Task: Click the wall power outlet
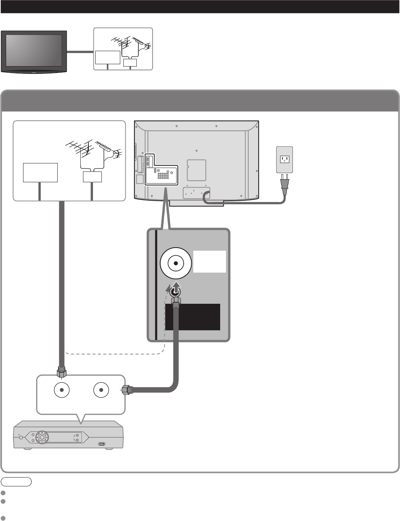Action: [x=284, y=160]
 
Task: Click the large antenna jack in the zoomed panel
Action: [x=176, y=263]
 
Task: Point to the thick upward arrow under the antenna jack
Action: [x=175, y=288]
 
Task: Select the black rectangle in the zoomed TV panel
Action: [x=193, y=317]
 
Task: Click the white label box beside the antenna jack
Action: [x=209, y=262]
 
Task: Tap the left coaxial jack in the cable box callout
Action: [x=62, y=390]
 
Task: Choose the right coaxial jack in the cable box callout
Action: [x=101, y=390]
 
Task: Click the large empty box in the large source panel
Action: [x=40, y=172]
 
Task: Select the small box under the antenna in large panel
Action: [x=93, y=177]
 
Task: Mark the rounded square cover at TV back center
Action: [x=196, y=170]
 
